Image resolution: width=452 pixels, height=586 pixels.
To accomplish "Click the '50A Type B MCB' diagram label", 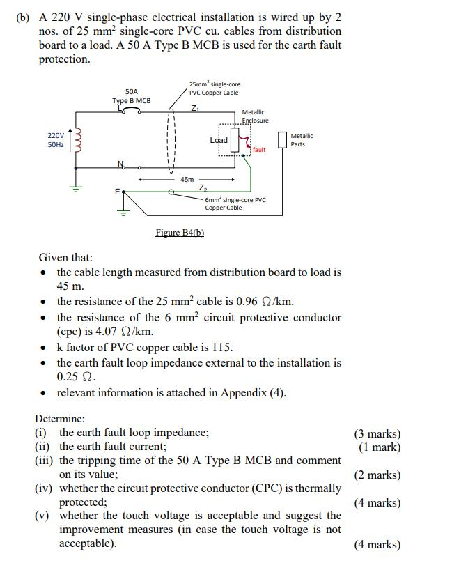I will (x=132, y=96).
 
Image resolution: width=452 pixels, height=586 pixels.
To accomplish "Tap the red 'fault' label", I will (x=259, y=150).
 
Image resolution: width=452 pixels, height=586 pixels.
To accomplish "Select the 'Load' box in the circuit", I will (x=219, y=140).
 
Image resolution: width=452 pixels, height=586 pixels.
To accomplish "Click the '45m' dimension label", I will (x=187, y=180).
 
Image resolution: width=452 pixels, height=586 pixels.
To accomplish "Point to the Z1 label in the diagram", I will (x=194, y=107).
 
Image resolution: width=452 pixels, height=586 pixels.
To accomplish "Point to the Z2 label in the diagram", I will (x=202, y=188).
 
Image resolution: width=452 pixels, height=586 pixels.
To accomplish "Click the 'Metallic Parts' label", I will (x=302, y=140).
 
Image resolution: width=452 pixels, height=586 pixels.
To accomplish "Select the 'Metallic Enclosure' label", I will (x=254, y=116).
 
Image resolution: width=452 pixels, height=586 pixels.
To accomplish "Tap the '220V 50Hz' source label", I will (x=56, y=140).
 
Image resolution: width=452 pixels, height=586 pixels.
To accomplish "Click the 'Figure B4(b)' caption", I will (x=180, y=232).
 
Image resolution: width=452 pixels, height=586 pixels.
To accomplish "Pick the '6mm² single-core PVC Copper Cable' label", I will (x=235, y=203).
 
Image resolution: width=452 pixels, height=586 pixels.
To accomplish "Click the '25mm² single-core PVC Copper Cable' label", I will (x=215, y=88).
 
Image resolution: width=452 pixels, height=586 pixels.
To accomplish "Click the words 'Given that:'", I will (x=65, y=258).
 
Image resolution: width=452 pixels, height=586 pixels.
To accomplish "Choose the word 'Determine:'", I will (x=60, y=419).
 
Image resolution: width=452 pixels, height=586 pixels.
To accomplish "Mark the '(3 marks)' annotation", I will (x=377, y=433).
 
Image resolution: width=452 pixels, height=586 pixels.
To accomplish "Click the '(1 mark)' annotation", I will (x=380, y=447).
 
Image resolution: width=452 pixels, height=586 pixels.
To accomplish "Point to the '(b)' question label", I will (x=23, y=17).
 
